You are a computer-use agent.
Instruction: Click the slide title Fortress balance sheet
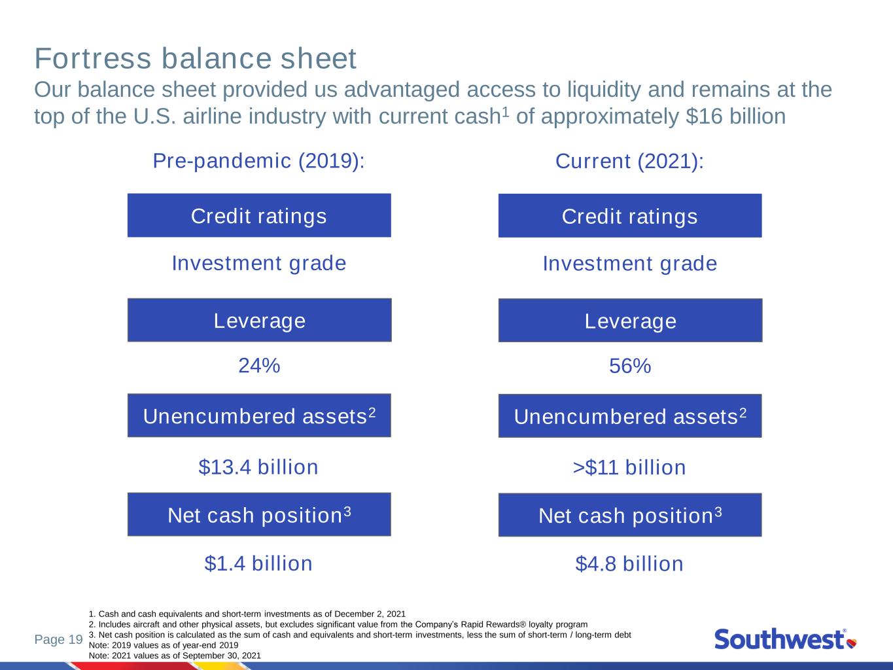click(195, 59)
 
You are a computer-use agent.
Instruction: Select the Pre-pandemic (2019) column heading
click(259, 161)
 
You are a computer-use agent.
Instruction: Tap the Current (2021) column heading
click(630, 162)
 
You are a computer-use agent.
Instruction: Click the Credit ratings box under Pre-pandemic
click(259, 215)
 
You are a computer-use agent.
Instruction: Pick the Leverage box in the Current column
click(630, 320)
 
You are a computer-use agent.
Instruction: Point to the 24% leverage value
click(259, 365)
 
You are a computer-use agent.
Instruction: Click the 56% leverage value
click(630, 366)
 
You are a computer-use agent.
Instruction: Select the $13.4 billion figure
click(258, 467)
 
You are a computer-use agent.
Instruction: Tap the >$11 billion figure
click(629, 467)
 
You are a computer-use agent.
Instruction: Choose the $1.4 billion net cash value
click(258, 564)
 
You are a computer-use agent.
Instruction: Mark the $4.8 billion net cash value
click(629, 564)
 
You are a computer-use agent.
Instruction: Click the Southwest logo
click(786, 639)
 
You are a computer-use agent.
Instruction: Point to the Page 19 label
click(59, 639)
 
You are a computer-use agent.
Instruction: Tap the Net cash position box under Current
click(630, 515)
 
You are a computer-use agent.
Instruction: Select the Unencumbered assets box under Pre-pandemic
click(259, 415)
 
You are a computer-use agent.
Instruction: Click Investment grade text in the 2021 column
click(630, 264)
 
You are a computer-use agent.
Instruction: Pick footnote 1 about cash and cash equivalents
click(247, 614)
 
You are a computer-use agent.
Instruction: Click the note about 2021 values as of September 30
click(175, 656)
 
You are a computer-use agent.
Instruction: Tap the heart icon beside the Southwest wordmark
click(852, 643)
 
